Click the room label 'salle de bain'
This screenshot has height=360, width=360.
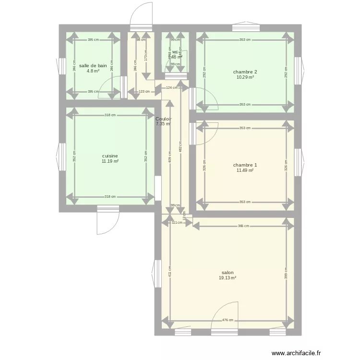click(93, 66)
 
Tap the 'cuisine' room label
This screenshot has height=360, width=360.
click(110, 156)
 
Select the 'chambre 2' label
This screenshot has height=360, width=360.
click(245, 72)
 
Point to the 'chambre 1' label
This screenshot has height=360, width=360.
click(245, 165)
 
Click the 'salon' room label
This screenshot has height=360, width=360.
click(228, 272)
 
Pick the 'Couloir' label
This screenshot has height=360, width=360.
click(164, 119)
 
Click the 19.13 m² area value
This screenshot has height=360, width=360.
click(228, 278)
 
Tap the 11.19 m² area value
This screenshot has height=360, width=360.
click(110, 161)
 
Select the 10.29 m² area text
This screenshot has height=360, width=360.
click(245, 77)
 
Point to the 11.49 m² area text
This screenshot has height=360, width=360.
click(245, 170)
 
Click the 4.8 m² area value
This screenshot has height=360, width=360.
click(93, 71)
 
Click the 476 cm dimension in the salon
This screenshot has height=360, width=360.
click(228, 320)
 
